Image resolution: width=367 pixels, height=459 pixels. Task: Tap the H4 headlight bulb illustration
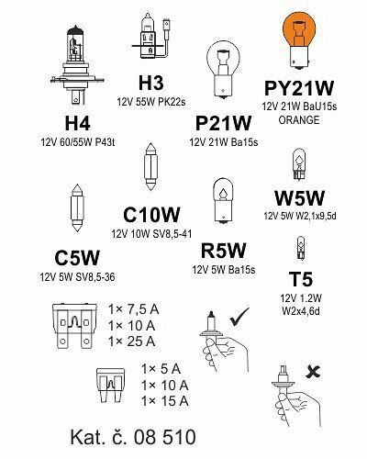point(77,64)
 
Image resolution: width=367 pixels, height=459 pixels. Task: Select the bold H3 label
point(151,83)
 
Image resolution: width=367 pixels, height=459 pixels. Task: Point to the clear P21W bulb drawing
point(223,70)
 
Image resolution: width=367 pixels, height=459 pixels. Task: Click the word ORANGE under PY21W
point(299,120)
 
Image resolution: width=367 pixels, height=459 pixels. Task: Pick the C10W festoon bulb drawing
point(150,166)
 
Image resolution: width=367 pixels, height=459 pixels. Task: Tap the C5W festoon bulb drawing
point(77,207)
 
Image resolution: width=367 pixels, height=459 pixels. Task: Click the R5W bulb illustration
point(223,200)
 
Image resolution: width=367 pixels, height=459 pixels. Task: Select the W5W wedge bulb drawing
point(299,164)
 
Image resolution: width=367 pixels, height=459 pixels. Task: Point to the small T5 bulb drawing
point(301,248)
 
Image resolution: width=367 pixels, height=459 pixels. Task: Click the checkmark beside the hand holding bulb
point(239,317)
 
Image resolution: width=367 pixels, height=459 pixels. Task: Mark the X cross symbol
point(313,372)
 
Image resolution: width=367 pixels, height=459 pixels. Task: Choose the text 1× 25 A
point(132,341)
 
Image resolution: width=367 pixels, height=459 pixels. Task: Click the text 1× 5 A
point(161,369)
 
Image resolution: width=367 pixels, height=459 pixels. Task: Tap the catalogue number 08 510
point(164,437)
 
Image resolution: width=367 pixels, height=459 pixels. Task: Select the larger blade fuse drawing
point(74,326)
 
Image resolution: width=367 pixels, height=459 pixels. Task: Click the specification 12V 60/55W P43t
point(78,142)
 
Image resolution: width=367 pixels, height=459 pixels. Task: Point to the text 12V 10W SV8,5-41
point(151,234)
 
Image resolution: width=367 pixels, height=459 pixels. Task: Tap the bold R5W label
point(223,251)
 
